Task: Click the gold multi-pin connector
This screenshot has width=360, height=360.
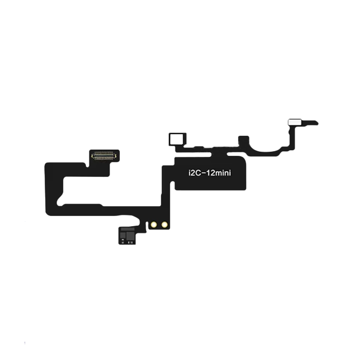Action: coord(104,154)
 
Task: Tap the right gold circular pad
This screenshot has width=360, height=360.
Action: coord(164,224)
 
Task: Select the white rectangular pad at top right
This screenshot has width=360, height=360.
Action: coord(294,123)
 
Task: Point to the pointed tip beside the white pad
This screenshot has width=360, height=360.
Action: coord(316,123)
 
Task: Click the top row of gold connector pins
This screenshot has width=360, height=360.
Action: coord(104,152)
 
